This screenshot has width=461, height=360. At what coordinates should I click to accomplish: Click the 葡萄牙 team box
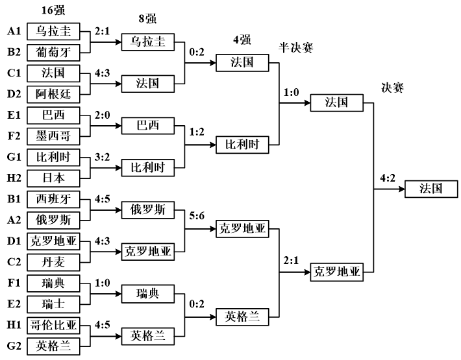click(53, 53)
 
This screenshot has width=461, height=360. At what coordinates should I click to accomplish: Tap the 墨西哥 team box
click(53, 137)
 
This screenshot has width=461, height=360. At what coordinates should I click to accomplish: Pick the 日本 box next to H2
click(53, 178)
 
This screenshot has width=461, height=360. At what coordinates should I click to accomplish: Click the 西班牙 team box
click(53, 200)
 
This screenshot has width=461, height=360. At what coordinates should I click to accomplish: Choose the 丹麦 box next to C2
click(53, 262)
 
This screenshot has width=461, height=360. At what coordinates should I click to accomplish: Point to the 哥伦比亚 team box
click(53, 326)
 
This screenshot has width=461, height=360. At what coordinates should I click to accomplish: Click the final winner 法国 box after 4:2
click(432, 189)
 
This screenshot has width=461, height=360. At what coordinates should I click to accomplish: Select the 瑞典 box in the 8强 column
click(148, 293)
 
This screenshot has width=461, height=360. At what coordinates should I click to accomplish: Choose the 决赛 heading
click(393, 88)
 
